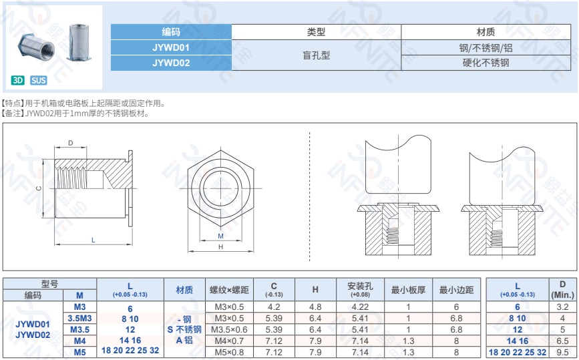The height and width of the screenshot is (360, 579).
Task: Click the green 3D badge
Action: pos(18,80)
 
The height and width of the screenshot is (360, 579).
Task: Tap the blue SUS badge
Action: pos(39,80)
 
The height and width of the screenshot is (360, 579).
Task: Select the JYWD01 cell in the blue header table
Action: pos(171,47)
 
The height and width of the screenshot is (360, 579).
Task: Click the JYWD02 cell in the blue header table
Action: pos(171,63)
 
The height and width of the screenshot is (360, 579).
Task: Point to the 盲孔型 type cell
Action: pos(316,55)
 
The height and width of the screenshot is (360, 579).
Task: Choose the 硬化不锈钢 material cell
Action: pos(486,63)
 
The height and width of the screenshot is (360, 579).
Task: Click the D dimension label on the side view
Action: pos(71,143)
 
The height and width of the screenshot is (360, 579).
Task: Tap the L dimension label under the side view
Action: pos(93,240)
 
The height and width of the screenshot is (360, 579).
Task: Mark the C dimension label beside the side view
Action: pos(39,188)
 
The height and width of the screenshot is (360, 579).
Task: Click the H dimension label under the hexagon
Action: pos(221,247)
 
